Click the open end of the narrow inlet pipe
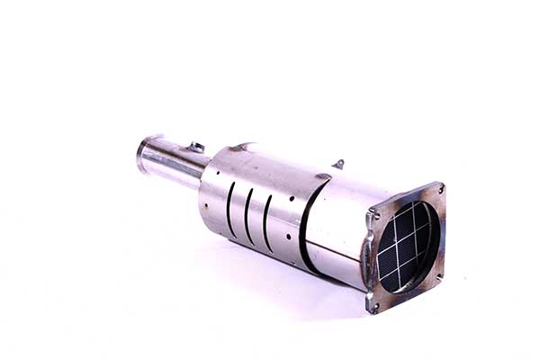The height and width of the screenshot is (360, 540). (143, 154)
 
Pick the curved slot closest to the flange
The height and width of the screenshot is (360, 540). (267, 223)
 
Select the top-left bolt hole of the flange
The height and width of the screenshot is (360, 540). (373, 216)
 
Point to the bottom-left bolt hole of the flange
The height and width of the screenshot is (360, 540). (373, 306)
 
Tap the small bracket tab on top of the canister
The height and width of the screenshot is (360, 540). (337, 164)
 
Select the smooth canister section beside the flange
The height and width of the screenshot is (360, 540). (337, 225)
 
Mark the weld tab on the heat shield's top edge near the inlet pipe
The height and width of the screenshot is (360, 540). (241, 145)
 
